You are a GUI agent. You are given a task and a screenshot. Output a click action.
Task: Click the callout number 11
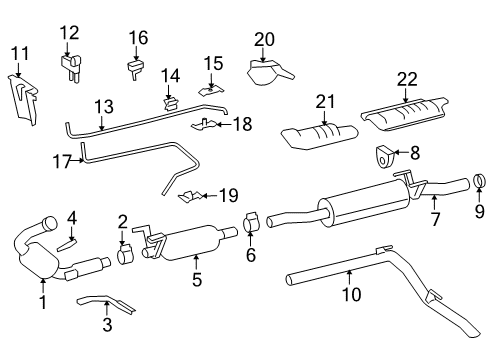pyautogui.click(x=20, y=53)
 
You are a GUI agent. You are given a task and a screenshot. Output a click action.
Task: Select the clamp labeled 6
pyautogui.click(x=253, y=223)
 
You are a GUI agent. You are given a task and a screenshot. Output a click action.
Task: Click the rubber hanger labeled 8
pyautogui.click(x=385, y=157)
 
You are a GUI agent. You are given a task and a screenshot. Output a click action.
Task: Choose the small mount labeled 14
pyautogui.click(x=169, y=102)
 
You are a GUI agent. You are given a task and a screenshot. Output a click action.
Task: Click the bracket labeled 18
pyautogui.click(x=207, y=125)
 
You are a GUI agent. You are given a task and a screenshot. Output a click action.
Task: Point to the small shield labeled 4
pyautogui.click(x=68, y=243)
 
